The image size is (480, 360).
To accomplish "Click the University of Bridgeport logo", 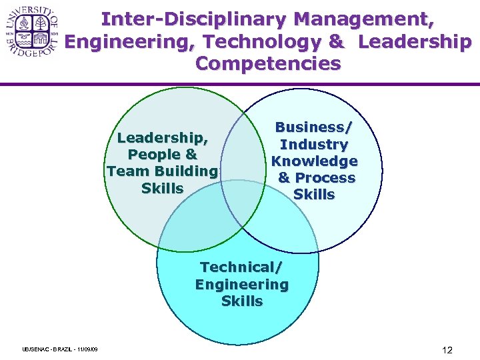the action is click(31, 32).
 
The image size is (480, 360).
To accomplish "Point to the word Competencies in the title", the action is click(268, 64).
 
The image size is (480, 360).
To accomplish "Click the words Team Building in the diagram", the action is click(162, 171).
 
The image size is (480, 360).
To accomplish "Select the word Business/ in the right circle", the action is click(314, 127).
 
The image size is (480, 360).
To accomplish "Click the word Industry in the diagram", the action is click(314, 144).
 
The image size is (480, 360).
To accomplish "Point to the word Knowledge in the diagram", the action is click(314, 161).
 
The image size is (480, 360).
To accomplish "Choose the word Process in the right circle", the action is click(325, 178).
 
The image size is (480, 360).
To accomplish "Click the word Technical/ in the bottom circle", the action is click(241, 267).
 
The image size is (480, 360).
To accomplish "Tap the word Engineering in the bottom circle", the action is click(241, 285).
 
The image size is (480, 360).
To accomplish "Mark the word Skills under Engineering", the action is click(241, 301).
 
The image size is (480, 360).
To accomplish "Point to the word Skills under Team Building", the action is click(162, 188).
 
